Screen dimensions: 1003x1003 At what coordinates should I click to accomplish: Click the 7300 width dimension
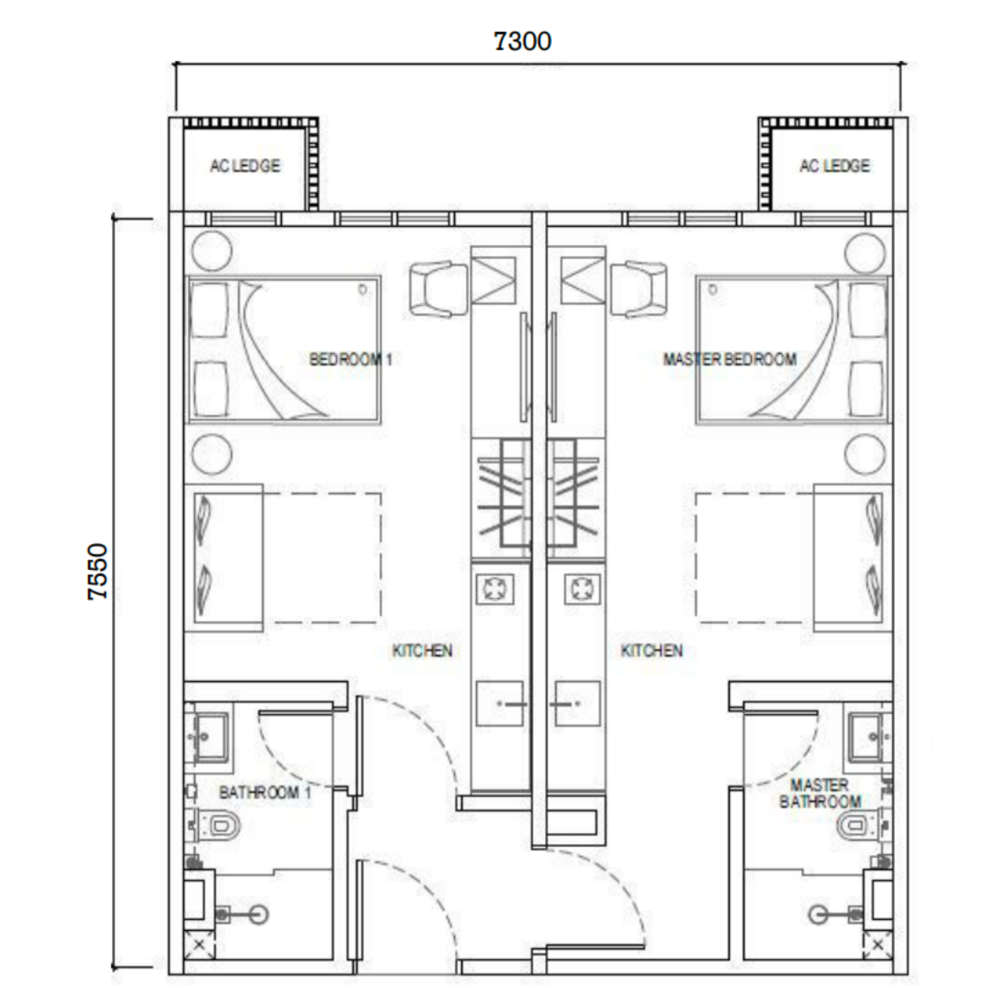[522, 42]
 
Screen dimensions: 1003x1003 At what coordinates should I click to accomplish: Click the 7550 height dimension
[98, 572]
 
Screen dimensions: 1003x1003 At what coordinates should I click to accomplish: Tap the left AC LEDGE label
[245, 165]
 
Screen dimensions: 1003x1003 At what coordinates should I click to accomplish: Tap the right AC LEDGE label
[835, 165]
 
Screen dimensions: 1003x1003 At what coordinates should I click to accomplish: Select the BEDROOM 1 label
[351, 359]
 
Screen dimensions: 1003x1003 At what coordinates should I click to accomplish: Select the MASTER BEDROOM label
[730, 359]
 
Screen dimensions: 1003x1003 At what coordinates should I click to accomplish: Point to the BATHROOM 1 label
[265, 793]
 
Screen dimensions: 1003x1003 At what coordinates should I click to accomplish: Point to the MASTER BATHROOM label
[820, 793]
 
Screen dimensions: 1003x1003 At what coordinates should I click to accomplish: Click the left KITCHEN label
[422, 650]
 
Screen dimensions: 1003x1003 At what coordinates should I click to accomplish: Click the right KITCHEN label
[651, 650]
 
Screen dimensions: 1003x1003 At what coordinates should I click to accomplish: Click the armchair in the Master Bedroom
[638, 289]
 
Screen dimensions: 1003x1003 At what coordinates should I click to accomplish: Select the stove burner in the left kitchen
[495, 589]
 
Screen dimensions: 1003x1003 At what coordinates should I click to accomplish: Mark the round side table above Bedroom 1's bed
[212, 251]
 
